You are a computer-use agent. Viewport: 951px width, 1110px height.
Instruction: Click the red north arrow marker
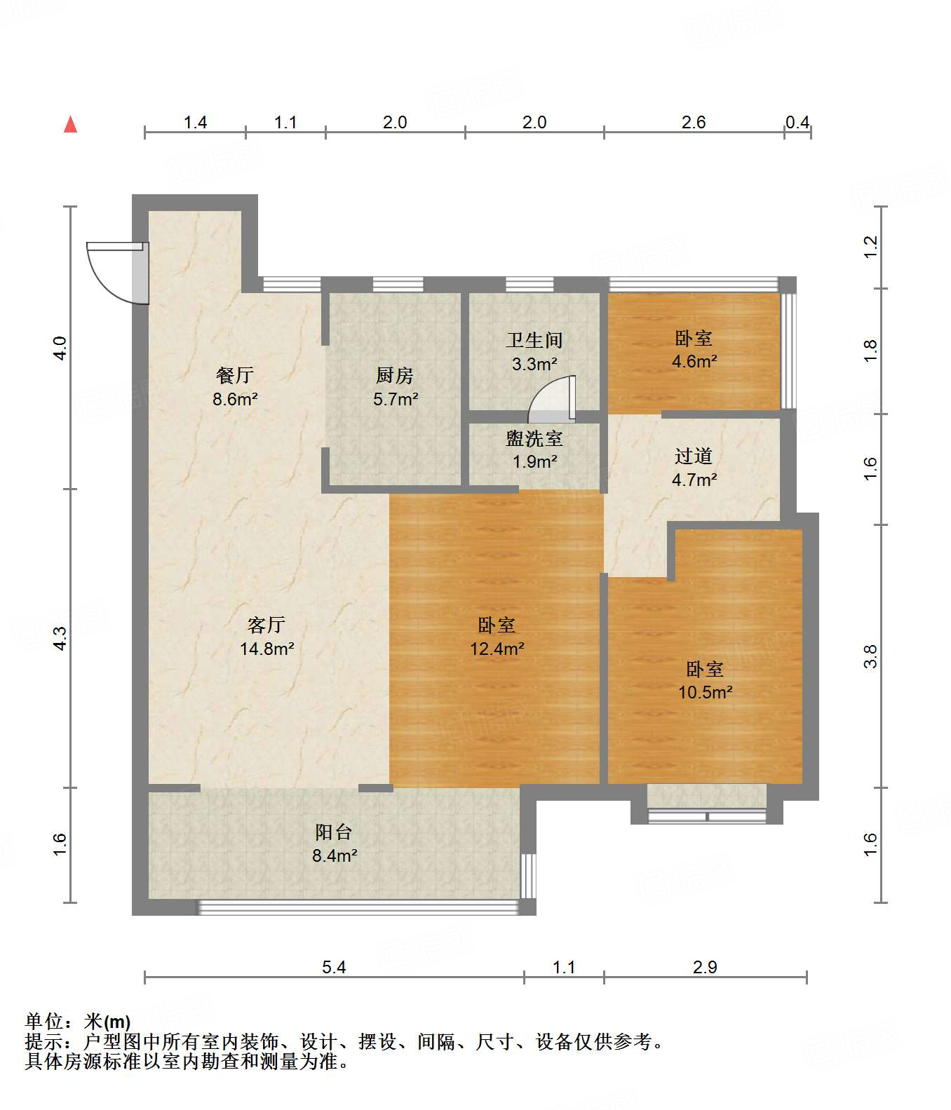(70, 125)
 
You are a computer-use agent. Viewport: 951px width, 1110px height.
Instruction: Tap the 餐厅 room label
(235, 376)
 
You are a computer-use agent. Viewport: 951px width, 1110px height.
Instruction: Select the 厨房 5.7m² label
(395, 388)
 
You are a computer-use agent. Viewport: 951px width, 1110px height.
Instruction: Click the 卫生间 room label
(534, 341)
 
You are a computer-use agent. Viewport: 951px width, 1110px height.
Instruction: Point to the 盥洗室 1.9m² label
(534, 450)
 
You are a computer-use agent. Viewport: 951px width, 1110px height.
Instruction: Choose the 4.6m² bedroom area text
(694, 362)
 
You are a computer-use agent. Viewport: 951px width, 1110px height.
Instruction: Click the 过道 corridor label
(694, 456)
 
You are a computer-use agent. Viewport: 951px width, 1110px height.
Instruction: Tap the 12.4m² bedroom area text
(497, 649)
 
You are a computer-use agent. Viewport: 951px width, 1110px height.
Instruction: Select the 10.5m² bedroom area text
(705, 693)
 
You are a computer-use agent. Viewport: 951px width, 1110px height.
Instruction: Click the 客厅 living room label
(267, 624)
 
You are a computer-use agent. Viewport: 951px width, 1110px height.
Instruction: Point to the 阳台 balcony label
(333, 832)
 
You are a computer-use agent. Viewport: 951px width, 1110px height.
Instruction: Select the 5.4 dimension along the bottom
(334, 968)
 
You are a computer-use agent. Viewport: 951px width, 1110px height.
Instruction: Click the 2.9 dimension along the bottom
(705, 968)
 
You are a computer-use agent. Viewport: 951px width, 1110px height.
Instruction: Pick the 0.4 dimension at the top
(797, 123)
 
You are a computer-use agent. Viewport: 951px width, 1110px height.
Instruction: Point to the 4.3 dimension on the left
(60, 637)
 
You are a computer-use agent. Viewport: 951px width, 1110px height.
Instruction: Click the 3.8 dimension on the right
(870, 656)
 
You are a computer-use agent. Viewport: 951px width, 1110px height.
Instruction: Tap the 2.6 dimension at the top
(694, 123)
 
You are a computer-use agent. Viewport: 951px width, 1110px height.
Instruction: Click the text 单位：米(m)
(78, 1022)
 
